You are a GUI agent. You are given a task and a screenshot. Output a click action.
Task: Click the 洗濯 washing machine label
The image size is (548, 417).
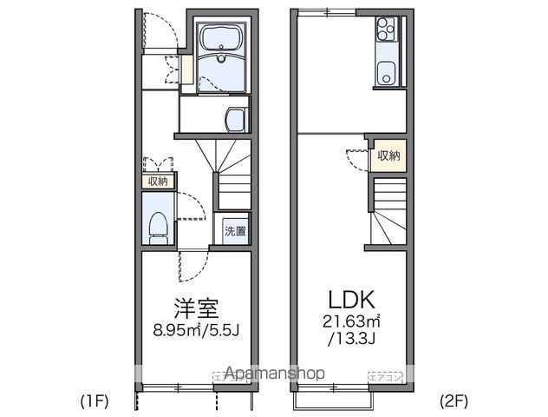(x=235, y=231)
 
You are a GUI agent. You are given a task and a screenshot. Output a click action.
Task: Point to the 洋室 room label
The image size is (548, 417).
(x=194, y=308)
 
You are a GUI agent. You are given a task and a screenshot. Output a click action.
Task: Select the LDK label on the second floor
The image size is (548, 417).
(x=350, y=301)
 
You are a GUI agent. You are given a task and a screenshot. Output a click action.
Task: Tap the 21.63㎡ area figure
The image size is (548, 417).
(x=351, y=322)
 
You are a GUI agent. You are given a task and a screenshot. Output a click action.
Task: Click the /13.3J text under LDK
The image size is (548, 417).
(x=351, y=338)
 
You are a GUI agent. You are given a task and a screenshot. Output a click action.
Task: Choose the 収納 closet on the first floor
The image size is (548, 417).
(x=157, y=182)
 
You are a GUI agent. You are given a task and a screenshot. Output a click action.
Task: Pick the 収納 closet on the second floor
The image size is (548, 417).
(x=388, y=156)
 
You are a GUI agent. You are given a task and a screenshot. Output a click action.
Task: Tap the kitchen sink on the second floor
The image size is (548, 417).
(x=385, y=73)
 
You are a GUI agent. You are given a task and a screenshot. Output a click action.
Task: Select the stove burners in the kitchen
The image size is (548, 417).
(x=385, y=32)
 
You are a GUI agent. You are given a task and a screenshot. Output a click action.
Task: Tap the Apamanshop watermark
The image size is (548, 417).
(x=274, y=374)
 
